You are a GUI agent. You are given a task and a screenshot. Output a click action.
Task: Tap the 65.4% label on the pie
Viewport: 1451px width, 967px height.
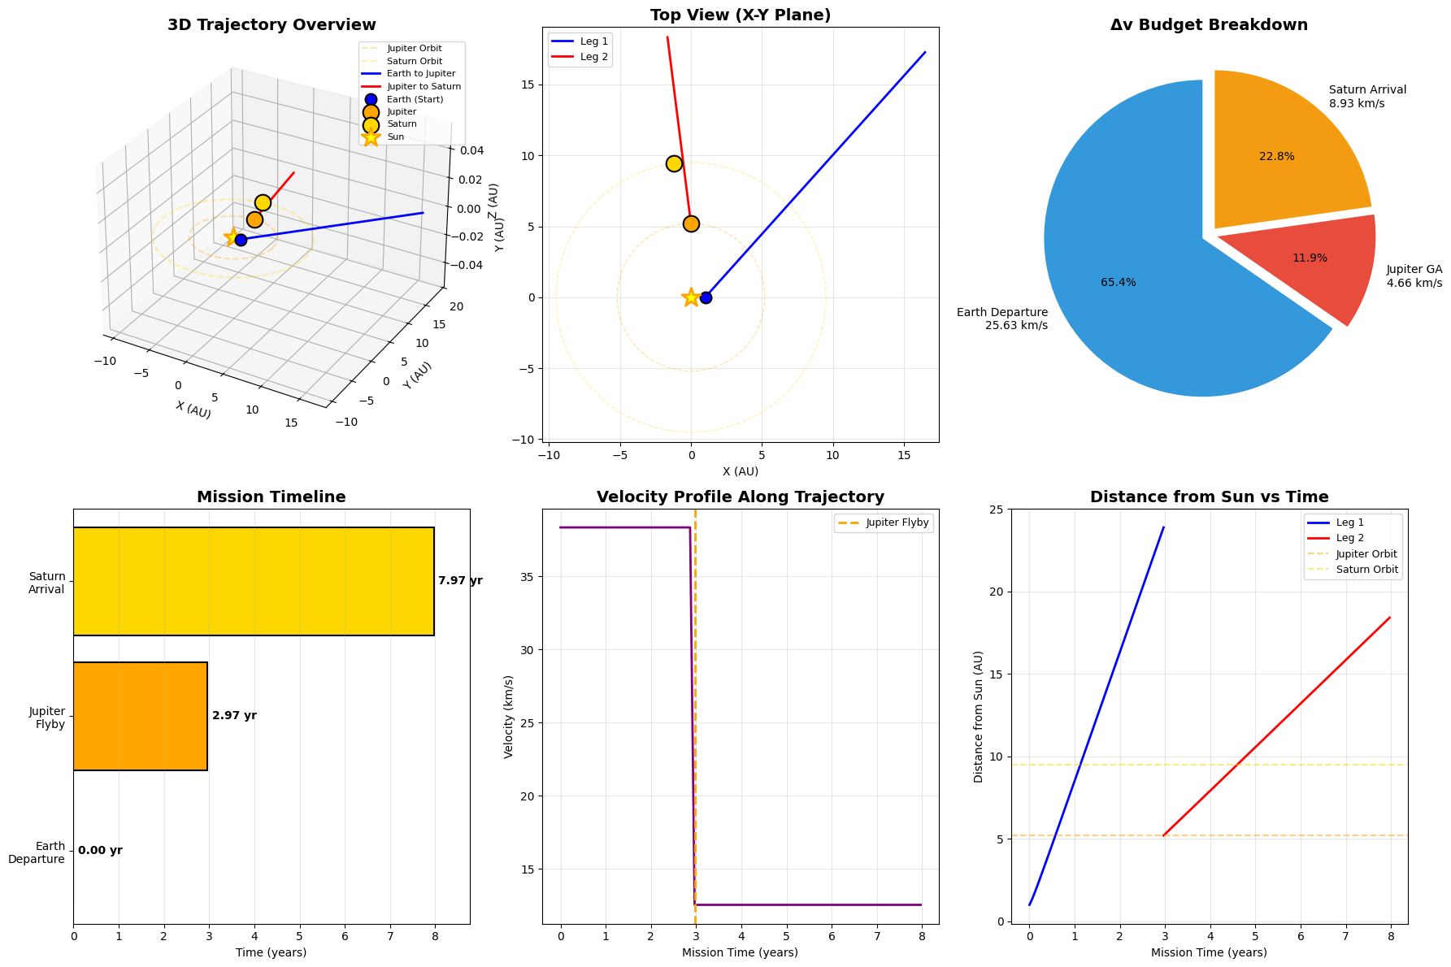[1118, 283]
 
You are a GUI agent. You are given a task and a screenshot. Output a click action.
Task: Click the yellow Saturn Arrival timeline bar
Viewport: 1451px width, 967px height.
[254, 581]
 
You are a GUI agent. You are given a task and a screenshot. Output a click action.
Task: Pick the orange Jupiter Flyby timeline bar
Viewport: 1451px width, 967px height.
[140, 716]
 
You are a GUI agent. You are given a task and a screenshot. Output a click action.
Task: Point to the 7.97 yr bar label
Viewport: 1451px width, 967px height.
[460, 581]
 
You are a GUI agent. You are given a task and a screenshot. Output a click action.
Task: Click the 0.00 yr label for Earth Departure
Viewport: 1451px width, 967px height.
[100, 851]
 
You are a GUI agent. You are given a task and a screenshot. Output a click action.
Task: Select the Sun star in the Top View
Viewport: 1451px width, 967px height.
[691, 297]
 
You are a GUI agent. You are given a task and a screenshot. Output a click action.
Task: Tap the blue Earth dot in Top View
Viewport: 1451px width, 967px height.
[706, 297]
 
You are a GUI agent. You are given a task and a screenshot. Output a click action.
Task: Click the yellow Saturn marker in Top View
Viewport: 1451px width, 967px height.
[674, 163]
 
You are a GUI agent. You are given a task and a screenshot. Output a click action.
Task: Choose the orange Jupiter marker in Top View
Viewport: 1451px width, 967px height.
[691, 223]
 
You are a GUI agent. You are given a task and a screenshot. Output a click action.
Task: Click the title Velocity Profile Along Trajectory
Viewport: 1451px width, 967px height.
[740, 497]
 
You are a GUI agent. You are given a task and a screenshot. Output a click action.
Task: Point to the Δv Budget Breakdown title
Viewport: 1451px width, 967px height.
[1209, 25]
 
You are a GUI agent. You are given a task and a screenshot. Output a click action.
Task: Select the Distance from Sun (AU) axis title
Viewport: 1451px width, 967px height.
[979, 716]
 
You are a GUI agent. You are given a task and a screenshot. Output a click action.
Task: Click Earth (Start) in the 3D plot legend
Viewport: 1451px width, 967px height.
[415, 99]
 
